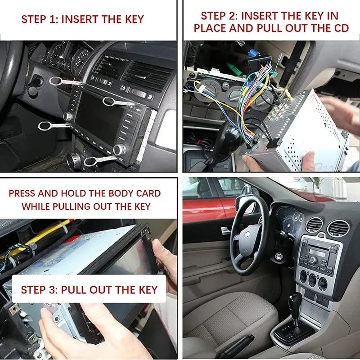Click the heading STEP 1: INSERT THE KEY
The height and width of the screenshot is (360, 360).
click(x=82, y=19)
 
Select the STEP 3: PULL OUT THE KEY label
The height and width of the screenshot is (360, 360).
click(x=89, y=289)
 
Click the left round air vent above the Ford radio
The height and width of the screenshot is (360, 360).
click(x=314, y=225)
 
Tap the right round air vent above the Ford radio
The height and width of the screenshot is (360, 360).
click(x=338, y=228)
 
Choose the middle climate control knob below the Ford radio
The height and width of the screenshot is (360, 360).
click(x=312, y=279)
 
